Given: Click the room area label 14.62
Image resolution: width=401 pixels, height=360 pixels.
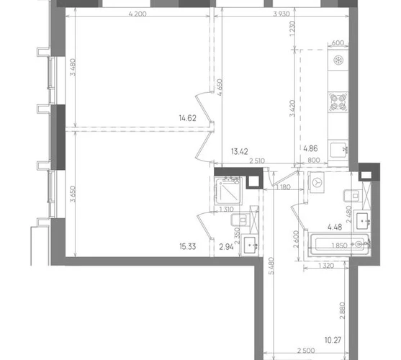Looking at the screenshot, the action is pos(188,118).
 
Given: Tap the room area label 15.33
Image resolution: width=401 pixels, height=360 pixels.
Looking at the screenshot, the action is pos(188,247).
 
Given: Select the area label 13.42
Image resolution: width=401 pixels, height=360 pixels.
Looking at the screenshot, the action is pos(240,152).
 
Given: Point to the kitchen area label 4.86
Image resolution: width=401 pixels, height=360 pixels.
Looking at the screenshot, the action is pos(310,148).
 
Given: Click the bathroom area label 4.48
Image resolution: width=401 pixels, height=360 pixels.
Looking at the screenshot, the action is pos(335,227).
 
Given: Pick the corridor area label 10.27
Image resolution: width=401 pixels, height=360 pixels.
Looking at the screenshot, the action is pos(333,341).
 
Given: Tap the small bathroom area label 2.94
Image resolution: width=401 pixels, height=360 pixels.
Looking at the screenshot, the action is pos(227,247).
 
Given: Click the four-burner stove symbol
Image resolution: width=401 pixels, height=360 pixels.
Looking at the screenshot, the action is pos(338,102).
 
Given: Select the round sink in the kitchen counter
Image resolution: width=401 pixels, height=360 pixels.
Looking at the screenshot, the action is pos(338,60).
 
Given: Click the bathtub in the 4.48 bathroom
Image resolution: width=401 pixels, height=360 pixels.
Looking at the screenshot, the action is pos(339,244).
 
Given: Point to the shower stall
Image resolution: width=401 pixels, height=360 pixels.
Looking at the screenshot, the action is pos(228,191).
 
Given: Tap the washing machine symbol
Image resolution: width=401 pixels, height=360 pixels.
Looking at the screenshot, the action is pos(317,182).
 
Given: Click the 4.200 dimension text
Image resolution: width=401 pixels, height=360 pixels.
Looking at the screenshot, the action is pos(138,14).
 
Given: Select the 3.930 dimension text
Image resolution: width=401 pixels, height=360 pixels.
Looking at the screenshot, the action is pos(281,14).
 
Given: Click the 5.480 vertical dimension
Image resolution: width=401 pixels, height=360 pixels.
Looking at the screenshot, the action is pos(271,266).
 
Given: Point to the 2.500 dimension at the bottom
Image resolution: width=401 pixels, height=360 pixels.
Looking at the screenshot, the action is pos(306,351).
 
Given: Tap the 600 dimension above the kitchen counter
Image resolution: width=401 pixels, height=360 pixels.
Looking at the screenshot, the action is pos(338,43).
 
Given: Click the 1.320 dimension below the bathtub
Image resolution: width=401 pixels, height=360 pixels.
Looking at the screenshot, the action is pos(327,266).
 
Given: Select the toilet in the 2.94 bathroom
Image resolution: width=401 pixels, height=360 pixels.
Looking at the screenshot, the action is pos(238,220).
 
